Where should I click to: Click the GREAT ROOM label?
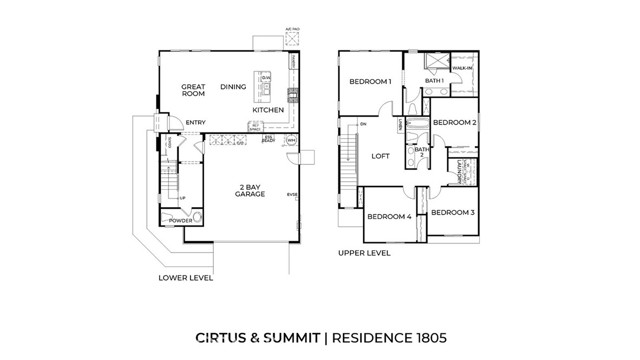coord(193,90)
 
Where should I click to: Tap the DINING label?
coord(232,87)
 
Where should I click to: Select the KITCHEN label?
coord(267,110)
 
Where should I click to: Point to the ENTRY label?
coord(195,123)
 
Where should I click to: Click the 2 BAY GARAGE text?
coord(250,190)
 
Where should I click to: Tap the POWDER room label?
coord(179,221)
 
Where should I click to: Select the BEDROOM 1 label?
coord(369,81)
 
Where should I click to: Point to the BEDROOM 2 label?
coord(453,121)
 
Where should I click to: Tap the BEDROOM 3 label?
coord(453,213)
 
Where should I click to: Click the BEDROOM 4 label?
coord(389,216)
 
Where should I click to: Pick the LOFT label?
coord(380,156)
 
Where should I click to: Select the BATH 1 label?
coord(433,80)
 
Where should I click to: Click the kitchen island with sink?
coord(265,89)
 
